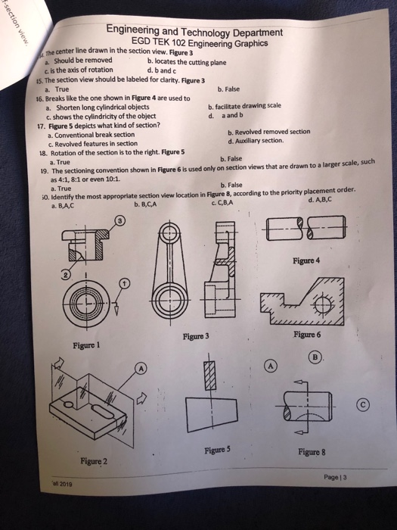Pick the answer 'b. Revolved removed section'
point(268,132)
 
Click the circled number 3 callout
point(118,220)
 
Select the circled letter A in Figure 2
point(141,366)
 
